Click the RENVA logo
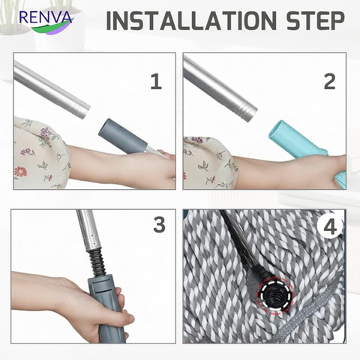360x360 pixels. coord(46,21)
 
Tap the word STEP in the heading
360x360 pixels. coord(316,20)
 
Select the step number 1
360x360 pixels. coord(156,82)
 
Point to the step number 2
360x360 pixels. coord(329,82)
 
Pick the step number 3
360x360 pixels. coord(159,225)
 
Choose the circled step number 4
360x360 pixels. coord(330,227)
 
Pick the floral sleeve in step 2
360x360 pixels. coord(209,163)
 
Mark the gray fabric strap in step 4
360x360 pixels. coord(313,317)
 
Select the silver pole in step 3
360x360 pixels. coord(88,229)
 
